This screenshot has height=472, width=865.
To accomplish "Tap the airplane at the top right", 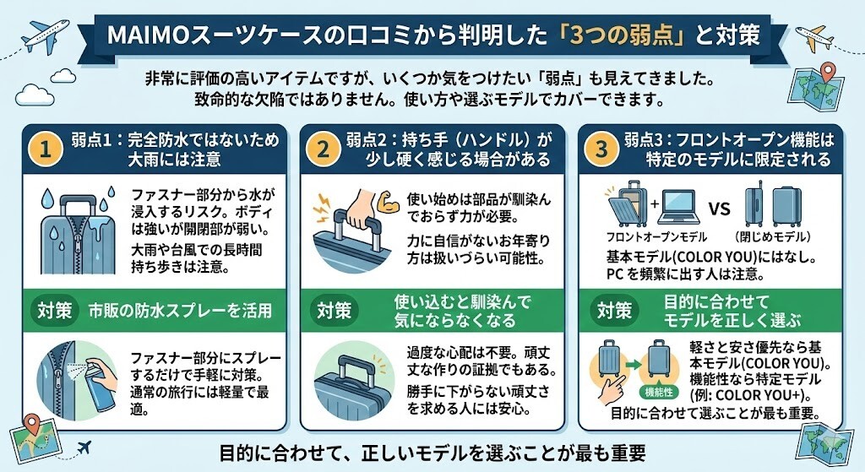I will pos(815,35).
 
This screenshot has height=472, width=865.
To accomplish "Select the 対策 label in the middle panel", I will pos(335,310).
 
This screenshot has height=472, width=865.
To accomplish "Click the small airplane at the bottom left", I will pos(84,446).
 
